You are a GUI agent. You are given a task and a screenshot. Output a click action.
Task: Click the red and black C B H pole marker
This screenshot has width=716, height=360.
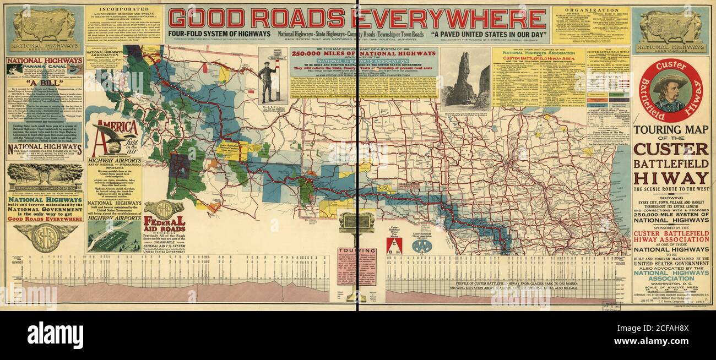tap(394, 246)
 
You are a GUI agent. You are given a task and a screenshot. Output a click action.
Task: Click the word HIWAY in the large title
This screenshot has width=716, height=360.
tap(671, 178)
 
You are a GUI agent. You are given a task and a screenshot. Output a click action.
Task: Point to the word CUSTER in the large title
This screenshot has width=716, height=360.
tap(671, 149)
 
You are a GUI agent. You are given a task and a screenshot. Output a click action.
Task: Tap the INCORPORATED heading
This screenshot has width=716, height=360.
tap(124, 9)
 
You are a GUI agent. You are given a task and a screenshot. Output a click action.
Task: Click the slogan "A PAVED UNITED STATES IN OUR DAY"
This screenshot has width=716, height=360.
tap(489, 34)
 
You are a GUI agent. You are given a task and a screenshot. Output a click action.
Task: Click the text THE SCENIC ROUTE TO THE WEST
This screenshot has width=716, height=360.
tap(671, 189)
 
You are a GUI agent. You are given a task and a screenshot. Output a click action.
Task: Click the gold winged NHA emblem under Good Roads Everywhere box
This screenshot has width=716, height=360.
tap(45, 236)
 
